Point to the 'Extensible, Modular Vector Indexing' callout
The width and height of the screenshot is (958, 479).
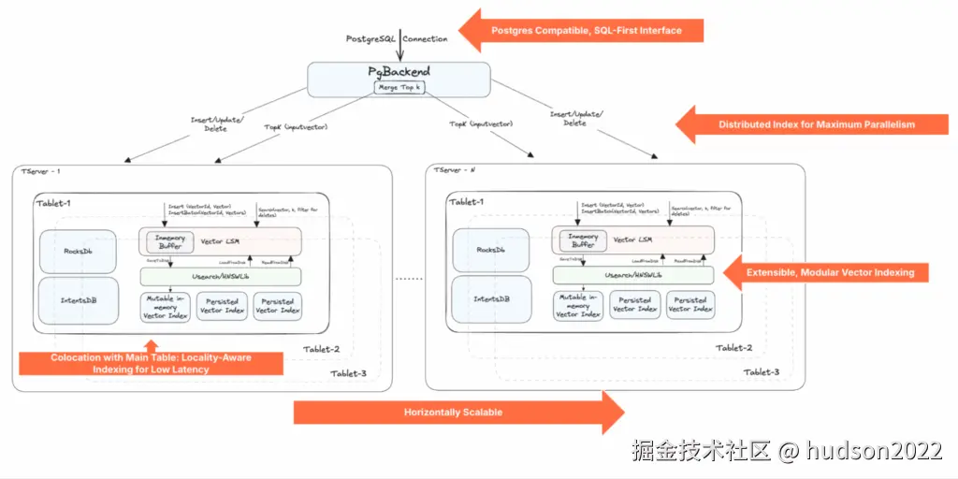coord(831,272)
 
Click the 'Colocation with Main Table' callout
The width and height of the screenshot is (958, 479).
coord(151,363)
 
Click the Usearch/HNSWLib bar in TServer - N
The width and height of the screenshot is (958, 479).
coord(632,275)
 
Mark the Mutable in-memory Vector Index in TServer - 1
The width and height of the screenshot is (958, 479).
coord(166,306)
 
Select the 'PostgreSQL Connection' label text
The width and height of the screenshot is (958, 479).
coord(398,38)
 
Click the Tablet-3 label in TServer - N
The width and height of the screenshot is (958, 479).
coord(761,372)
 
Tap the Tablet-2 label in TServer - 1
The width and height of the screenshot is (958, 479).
coord(321,350)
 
